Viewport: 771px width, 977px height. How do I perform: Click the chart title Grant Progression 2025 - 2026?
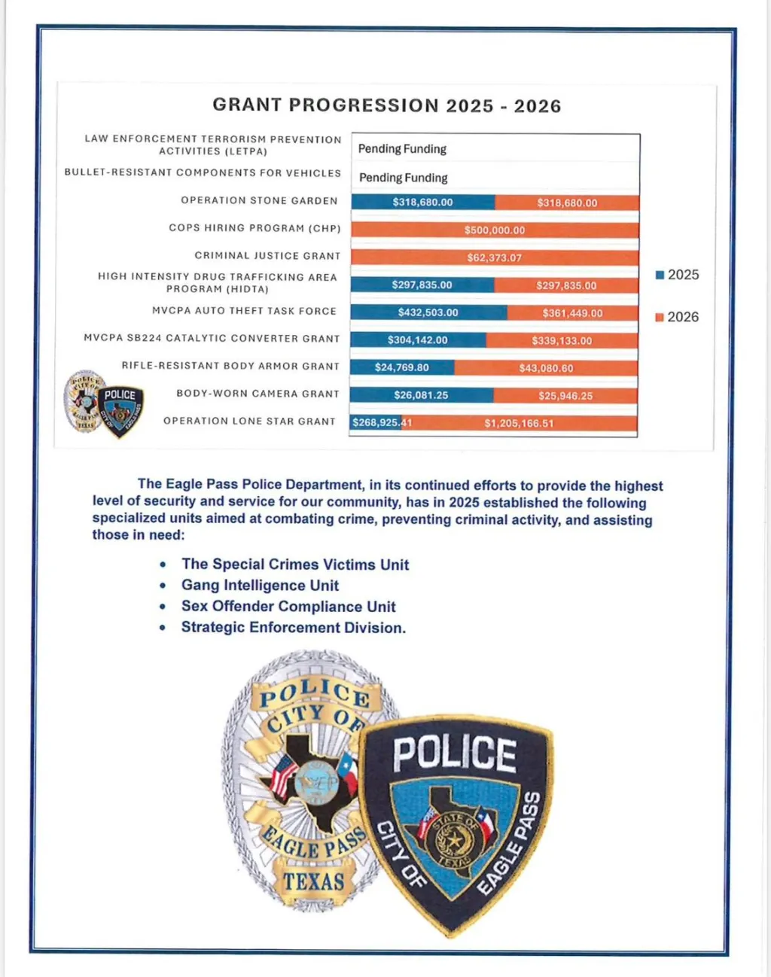click(x=386, y=105)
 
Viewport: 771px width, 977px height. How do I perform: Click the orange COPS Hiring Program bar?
click(x=495, y=230)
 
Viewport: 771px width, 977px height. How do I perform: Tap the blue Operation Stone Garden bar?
click(x=422, y=202)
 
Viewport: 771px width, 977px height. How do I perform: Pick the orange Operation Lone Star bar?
click(x=520, y=423)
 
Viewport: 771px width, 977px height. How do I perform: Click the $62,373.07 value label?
click(x=494, y=257)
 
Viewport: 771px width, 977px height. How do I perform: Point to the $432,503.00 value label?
click(x=428, y=312)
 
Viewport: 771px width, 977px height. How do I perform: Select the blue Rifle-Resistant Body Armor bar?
click(x=402, y=367)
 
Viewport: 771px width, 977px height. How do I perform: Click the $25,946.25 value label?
click(x=565, y=396)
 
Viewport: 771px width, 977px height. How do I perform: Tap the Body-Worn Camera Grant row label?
click(x=258, y=394)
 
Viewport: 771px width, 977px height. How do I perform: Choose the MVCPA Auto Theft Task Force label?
click(x=244, y=311)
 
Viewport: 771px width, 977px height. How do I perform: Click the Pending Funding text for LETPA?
click(x=402, y=149)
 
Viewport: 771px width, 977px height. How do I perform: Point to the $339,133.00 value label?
click(x=562, y=341)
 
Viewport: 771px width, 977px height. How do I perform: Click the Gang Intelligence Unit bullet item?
click(x=260, y=586)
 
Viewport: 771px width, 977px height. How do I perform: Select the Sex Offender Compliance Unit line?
click(x=288, y=607)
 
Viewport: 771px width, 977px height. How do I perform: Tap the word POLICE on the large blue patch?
click(x=454, y=753)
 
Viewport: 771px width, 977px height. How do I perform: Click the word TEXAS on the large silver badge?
click(x=314, y=881)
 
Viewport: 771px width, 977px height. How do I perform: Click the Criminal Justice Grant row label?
click(x=267, y=256)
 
